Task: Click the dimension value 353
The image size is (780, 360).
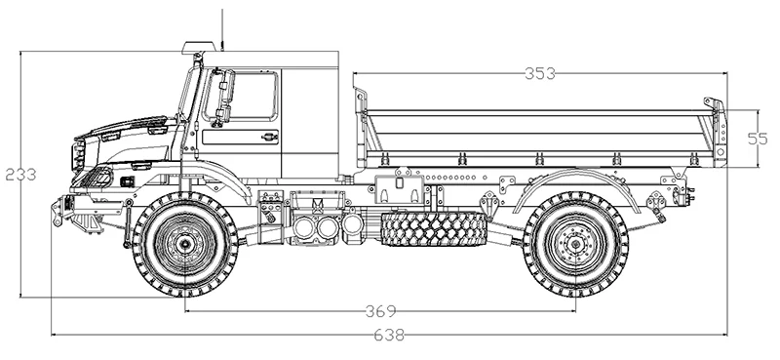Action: tap(540, 73)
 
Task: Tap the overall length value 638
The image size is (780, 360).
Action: tap(388, 335)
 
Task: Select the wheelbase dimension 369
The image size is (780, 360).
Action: tap(381, 311)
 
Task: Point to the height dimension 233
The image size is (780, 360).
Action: tap(20, 175)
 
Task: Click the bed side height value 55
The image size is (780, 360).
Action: tap(758, 139)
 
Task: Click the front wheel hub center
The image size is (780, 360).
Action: tap(185, 244)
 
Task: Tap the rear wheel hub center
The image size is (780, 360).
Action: tap(575, 244)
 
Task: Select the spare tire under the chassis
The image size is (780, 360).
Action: tap(433, 228)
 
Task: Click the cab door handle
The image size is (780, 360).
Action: tap(269, 136)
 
